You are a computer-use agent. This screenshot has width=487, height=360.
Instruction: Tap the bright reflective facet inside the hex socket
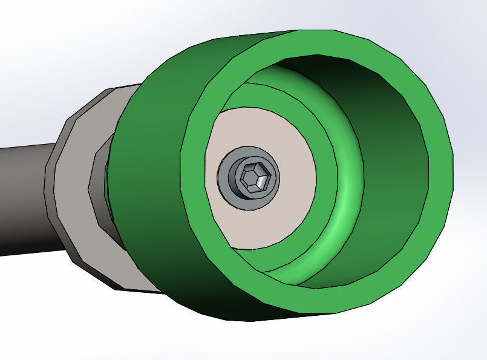(260, 181)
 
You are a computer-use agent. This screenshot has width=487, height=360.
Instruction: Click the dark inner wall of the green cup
(387, 151)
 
